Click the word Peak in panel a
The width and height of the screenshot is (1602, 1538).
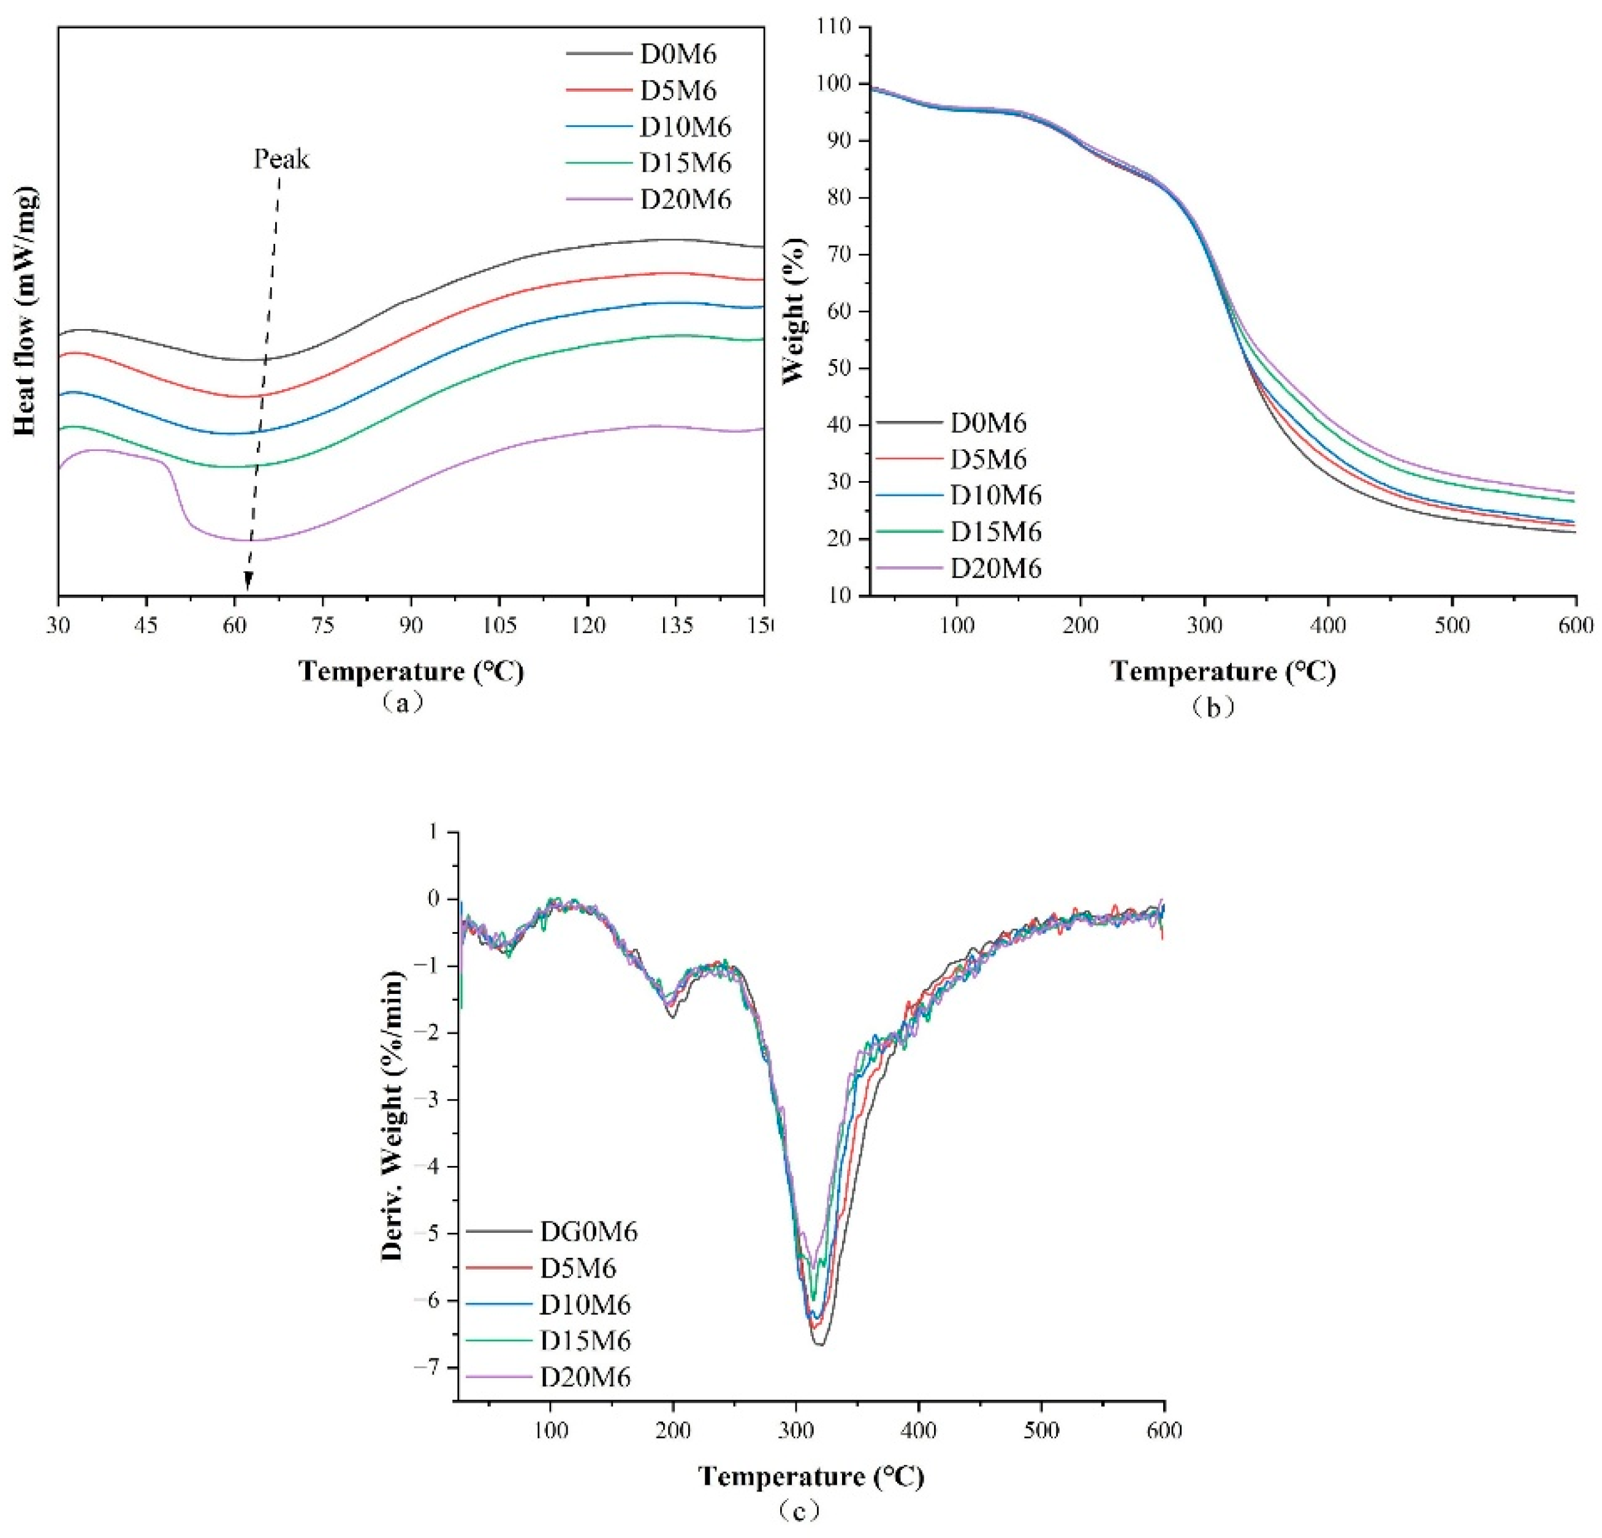click(x=281, y=159)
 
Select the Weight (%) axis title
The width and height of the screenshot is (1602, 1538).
click(x=794, y=311)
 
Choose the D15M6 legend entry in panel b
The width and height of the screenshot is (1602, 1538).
click(x=995, y=532)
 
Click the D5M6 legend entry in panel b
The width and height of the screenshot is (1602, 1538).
click(x=987, y=460)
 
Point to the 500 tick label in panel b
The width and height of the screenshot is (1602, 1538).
click(x=1452, y=626)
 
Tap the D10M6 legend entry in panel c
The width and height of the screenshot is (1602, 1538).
click(x=585, y=1305)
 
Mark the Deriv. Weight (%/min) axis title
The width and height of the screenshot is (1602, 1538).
click(x=394, y=1117)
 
